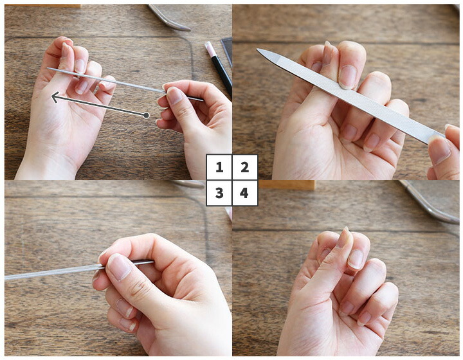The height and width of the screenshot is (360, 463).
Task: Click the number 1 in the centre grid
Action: [219, 167]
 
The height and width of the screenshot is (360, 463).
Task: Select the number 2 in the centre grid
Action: [244, 167]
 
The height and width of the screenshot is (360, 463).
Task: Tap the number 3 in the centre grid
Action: [219, 193]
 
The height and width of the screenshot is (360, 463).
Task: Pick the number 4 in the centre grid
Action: [244, 193]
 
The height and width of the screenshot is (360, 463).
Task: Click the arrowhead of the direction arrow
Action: [55, 97]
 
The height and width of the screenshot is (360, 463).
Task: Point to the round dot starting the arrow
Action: [146, 115]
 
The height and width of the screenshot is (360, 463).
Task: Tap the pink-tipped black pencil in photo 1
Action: [219, 68]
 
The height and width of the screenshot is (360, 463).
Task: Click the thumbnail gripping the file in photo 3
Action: [119, 267]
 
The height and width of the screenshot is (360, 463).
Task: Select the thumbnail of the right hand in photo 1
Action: [174, 95]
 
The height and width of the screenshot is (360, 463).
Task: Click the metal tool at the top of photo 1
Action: [169, 18]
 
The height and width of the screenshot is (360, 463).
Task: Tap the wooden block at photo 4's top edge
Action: [287, 185]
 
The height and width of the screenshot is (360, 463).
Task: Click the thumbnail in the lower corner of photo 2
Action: [439, 151]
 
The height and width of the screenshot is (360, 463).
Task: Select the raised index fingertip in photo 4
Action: [345, 236]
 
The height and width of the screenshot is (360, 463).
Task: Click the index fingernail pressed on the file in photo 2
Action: [347, 76]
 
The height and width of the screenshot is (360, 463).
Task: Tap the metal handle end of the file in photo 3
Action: [144, 262]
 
